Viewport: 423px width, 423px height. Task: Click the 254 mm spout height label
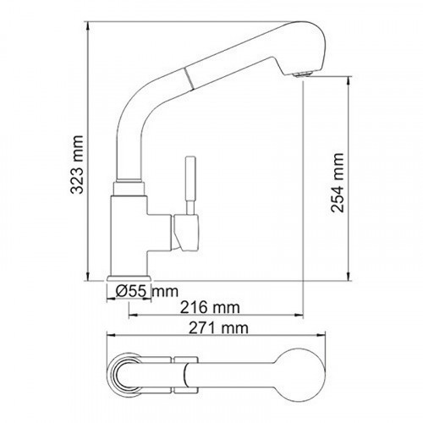point(338,181)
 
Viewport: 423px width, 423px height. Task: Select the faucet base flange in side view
point(130,280)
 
